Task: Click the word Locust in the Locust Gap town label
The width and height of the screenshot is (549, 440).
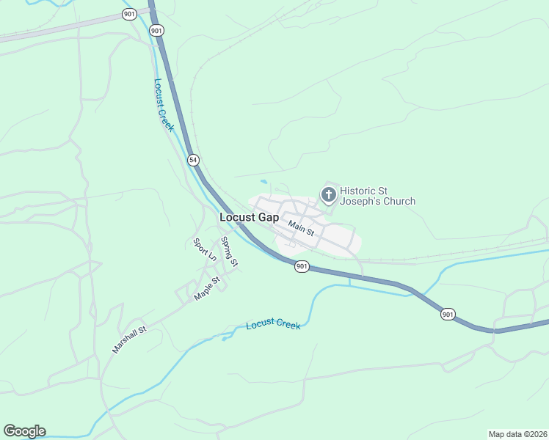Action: (237, 218)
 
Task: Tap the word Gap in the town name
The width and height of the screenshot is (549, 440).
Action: (267, 218)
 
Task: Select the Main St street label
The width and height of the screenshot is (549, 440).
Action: (301, 229)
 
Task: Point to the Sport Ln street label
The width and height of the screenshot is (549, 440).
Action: (205, 249)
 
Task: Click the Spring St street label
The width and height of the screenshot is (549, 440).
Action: (230, 252)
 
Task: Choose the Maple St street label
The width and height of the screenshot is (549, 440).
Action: (207, 288)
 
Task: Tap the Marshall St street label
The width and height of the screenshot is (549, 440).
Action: (129, 340)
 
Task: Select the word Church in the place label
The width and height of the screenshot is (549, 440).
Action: (401, 201)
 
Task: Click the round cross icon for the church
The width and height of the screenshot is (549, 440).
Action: (328, 194)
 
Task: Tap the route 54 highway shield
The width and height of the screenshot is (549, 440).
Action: (192, 159)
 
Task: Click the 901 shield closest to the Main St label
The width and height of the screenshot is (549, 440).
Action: (302, 266)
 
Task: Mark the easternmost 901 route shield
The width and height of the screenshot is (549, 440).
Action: (448, 314)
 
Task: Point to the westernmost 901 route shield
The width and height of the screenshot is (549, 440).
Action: (130, 14)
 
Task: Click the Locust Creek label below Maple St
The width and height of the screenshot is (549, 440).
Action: (273, 324)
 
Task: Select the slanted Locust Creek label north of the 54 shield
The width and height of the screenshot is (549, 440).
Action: (164, 105)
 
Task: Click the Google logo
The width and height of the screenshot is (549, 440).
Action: (24, 431)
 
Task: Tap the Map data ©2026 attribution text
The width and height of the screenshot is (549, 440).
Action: (517, 434)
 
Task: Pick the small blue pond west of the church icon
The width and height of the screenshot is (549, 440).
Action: (263, 182)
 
